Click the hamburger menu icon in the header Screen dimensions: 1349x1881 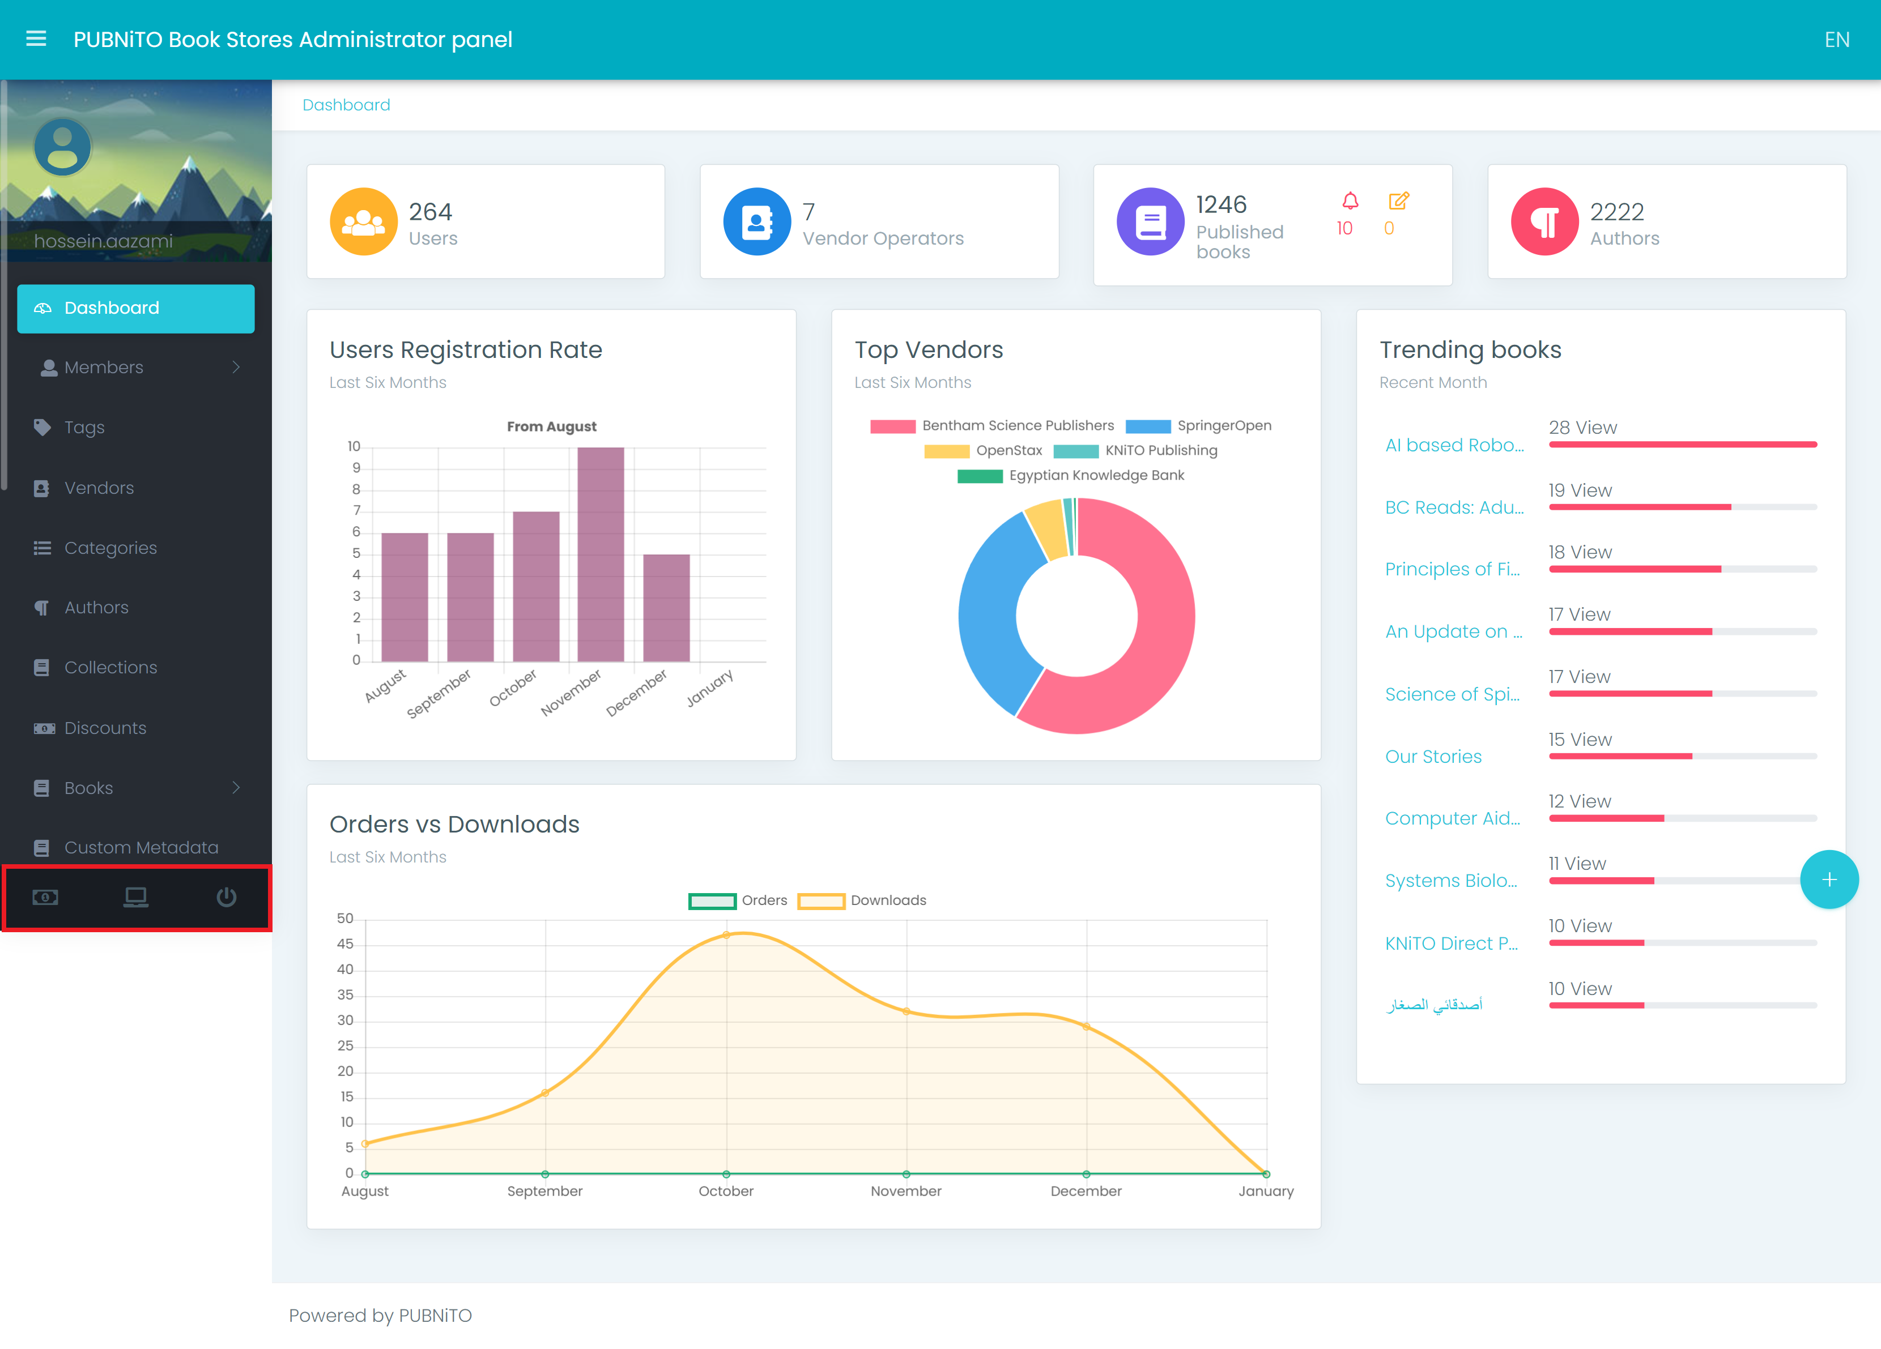36,39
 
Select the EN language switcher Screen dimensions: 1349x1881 1836,40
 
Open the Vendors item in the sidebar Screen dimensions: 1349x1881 99,488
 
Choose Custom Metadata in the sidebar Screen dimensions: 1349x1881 141,847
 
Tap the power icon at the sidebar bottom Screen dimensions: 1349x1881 227,897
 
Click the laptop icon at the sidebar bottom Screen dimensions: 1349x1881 136,897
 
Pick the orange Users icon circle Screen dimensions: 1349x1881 363,221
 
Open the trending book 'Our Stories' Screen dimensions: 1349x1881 1433,756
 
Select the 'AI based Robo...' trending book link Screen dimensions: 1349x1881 1454,445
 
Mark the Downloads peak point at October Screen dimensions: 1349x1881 726,934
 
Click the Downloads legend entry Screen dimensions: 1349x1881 862,900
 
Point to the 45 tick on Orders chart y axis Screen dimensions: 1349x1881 345,944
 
